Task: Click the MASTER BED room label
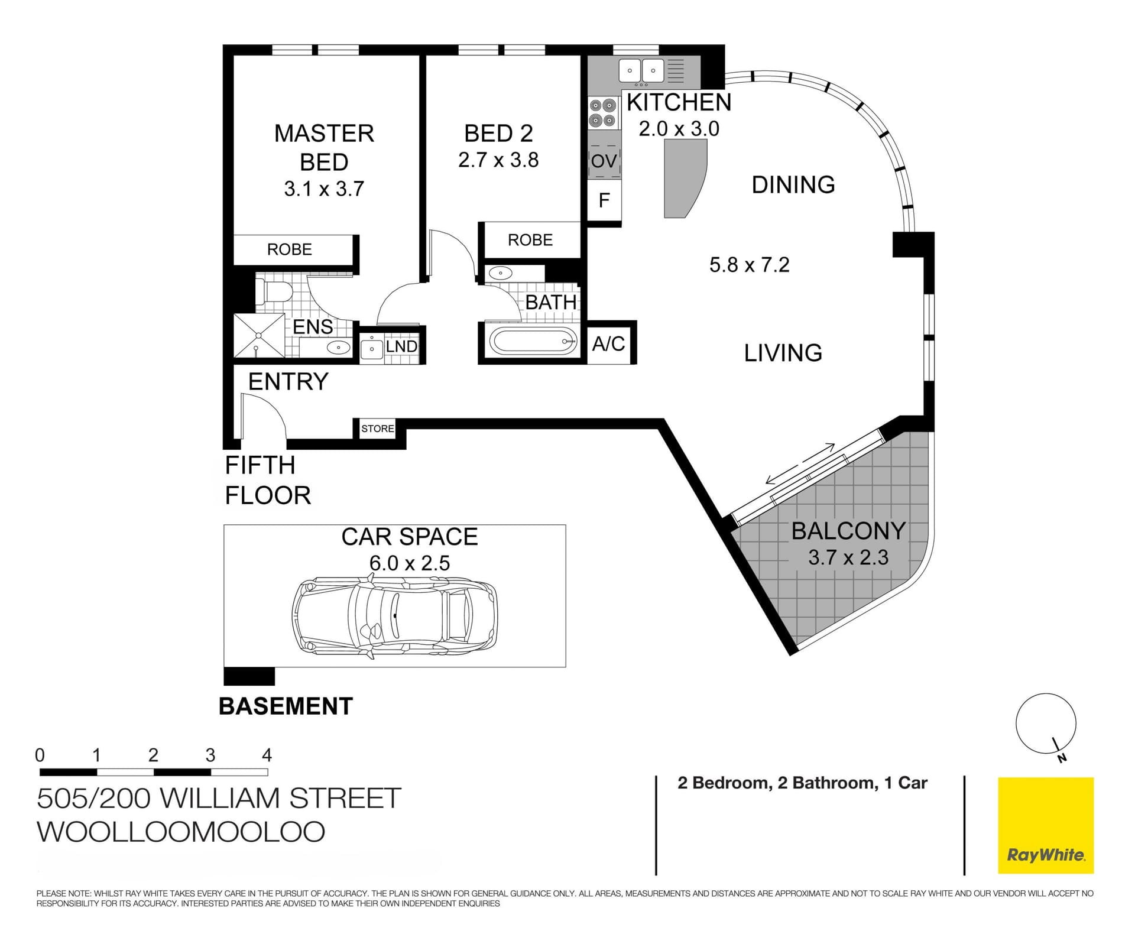tap(324, 147)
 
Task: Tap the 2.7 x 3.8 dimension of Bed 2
tap(498, 160)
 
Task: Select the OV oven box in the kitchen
tap(604, 161)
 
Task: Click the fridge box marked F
tap(604, 200)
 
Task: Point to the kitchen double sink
tap(641, 71)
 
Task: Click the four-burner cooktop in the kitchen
tap(602, 113)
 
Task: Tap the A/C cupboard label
tap(609, 343)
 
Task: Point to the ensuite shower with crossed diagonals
tap(259, 335)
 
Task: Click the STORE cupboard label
tap(378, 429)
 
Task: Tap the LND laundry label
tap(401, 346)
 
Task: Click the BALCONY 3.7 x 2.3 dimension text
tap(848, 557)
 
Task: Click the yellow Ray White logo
tap(1045, 825)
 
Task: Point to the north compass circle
tap(1045, 724)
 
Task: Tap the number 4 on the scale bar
tap(267, 755)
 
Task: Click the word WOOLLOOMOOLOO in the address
tap(181, 832)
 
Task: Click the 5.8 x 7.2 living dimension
tap(749, 265)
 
